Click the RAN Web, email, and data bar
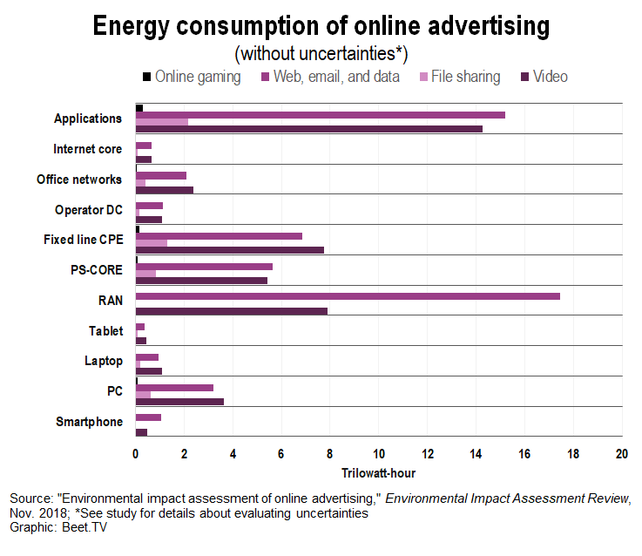[348, 296]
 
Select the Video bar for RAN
[232, 310]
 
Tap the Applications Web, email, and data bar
[320, 114]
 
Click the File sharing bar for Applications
[162, 122]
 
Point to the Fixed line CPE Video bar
[230, 250]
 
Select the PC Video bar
[179, 402]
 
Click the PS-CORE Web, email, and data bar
[204, 267]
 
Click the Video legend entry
[550, 77]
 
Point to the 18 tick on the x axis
[573, 455]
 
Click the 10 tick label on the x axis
[379, 455]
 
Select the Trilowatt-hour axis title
[378, 474]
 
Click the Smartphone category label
[89, 422]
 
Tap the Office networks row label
[79, 180]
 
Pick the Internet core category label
[87, 149]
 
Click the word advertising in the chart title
[476, 25]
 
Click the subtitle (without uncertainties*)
[321, 53]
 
